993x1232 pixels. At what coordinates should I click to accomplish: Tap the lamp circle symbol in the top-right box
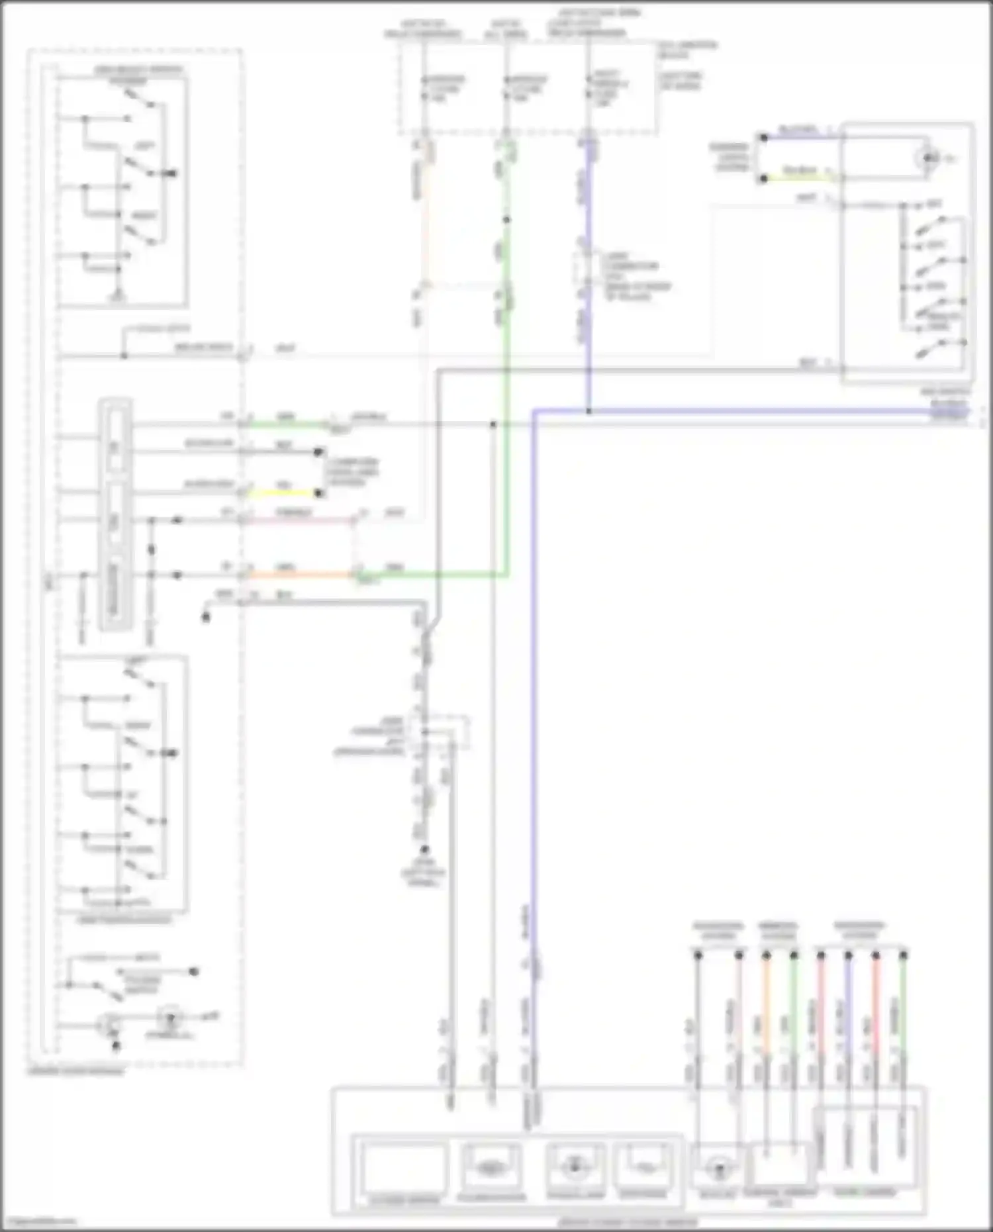tap(930, 158)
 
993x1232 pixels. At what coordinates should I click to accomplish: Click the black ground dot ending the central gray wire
tap(424, 849)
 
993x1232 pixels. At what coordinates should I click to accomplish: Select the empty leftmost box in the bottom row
tap(404, 1168)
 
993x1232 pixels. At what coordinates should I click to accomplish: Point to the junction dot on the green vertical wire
tap(506, 219)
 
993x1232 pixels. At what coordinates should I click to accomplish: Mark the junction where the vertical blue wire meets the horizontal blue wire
tap(589, 411)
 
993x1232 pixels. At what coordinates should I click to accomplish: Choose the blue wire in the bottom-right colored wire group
tap(849, 1006)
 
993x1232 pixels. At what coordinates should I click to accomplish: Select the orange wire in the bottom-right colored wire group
tap(767, 1006)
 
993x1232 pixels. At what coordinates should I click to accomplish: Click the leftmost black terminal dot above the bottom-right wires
tap(697, 955)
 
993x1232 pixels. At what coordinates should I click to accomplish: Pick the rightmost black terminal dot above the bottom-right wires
tap(904, 955)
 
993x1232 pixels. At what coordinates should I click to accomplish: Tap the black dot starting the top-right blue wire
tap(763, 138)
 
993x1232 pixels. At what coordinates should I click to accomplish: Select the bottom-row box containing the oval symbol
tap(490, 1168)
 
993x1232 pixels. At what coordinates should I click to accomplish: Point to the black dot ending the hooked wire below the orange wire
tap(206, 617)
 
